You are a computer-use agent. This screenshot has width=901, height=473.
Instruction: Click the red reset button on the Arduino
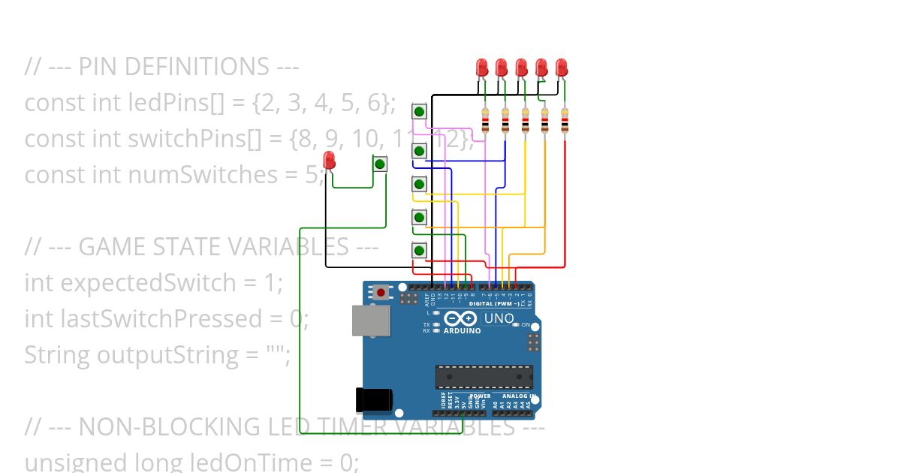pos(381,293)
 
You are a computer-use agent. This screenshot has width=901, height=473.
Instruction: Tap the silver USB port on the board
pos(371,320)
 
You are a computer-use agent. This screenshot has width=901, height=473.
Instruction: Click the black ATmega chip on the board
pos(484,377)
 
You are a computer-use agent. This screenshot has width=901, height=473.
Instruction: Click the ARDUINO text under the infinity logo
pos(462,330)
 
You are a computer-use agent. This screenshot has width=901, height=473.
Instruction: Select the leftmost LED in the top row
pos(482,68)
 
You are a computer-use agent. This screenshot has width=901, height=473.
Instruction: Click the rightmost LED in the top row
pos(561,68)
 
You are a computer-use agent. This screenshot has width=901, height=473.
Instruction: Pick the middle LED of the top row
pos(521,68)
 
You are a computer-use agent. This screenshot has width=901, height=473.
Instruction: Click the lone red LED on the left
pos(329,160)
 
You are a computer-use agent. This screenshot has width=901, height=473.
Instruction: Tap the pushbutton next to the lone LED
pos(380,164)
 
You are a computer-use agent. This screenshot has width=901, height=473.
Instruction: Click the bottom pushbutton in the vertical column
pos(420,250)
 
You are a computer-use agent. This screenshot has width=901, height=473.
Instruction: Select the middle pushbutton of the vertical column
pos(420,184)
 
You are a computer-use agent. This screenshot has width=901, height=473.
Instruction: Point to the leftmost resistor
pos(485,120)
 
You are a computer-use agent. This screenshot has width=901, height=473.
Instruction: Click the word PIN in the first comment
pos(98,68)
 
